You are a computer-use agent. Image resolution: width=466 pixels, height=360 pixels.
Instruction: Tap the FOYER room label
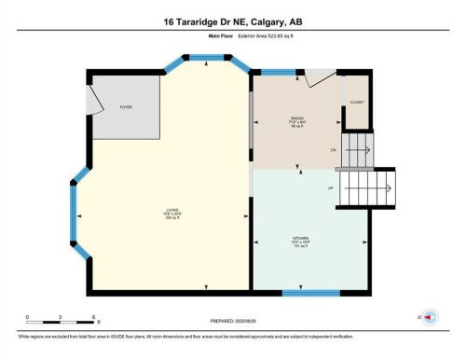(125, 107)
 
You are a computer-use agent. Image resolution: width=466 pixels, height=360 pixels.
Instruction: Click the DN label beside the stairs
(333, 149)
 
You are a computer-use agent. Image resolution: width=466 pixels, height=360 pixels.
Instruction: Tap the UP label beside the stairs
(330, 188)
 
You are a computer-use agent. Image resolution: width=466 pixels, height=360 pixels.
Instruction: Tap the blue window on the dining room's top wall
(278, 71)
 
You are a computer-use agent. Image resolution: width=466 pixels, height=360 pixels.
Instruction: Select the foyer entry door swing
(97, 98)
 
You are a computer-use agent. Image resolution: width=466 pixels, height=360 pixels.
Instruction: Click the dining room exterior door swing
(320, 80)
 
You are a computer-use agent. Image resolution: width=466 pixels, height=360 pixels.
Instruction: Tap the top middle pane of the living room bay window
(206, 59)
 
